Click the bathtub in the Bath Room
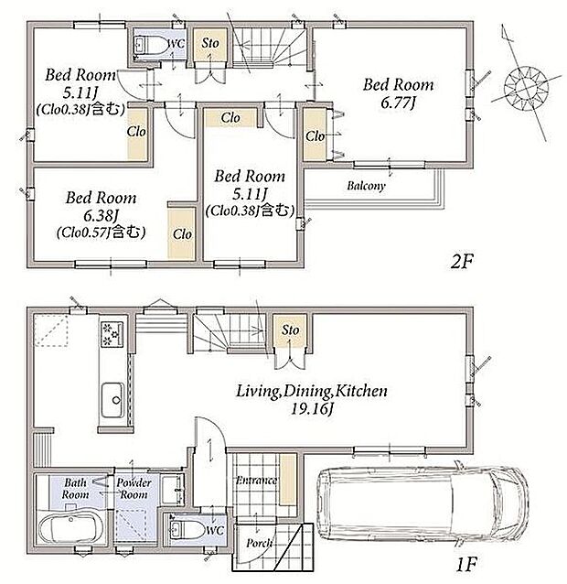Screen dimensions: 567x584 [70, 529]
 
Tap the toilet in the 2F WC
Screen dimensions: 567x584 [150, 46]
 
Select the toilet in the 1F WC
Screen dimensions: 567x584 [186, 529]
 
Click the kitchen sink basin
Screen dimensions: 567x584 [112, 400]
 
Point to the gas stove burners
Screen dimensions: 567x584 [112, 334]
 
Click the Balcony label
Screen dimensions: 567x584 [366, 186]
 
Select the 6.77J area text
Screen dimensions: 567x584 [398, 102]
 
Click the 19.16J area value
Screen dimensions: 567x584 [312, 409]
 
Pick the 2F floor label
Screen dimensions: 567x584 [461, 262]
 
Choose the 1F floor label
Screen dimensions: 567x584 [465, 565]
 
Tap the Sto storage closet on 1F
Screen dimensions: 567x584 [290, 331]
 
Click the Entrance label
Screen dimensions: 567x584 [257, 480]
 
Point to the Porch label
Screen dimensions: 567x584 [259, 544]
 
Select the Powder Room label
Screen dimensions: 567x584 [134, 489]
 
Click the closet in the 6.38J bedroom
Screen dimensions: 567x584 [182, 233]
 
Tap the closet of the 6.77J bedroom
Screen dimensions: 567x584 [316, 135]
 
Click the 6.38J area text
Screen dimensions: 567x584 [101, 215]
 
